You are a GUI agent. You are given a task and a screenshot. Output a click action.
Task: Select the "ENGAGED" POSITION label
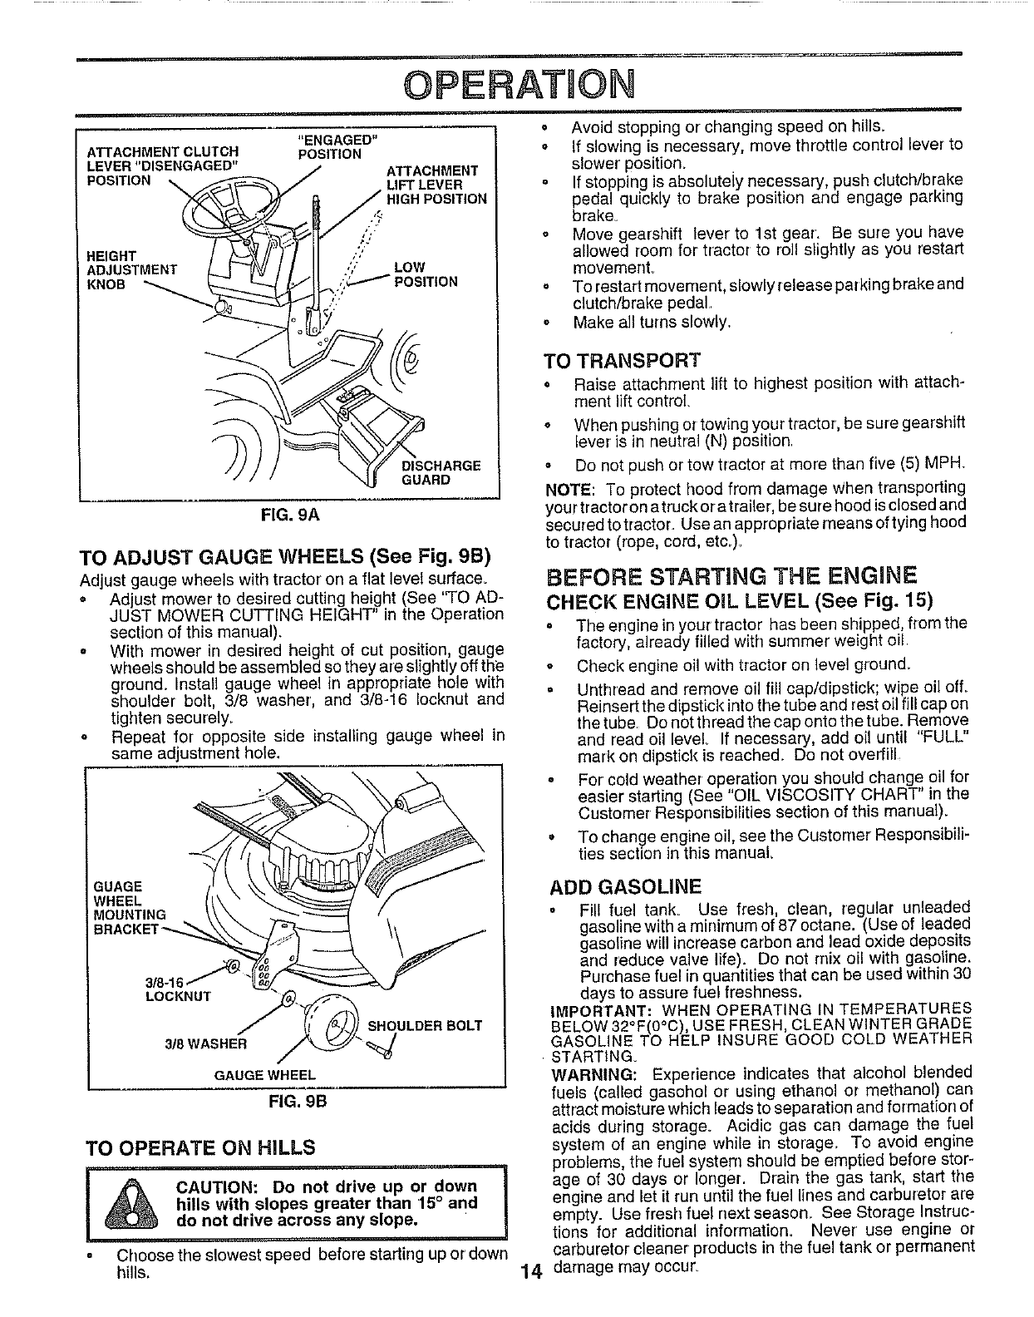click(x=330, y=146)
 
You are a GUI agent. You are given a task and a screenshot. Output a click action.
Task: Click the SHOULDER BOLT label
click(x=431, y=1025)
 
